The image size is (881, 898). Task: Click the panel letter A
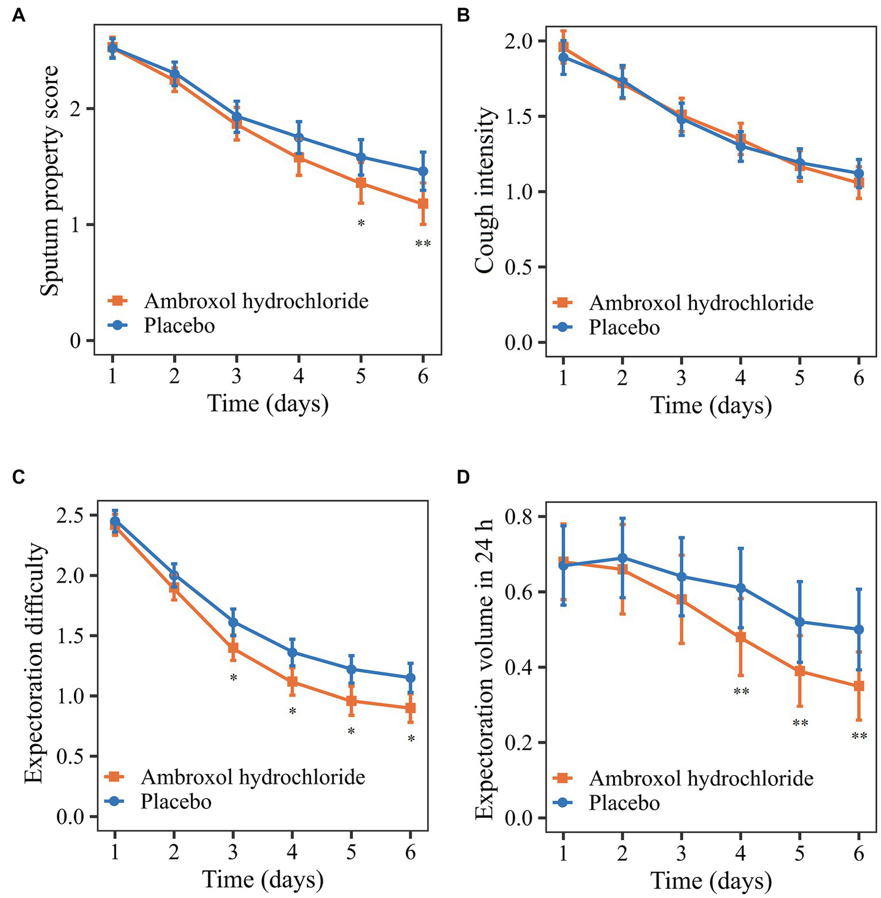click(x=18, y=16)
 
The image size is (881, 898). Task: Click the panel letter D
click(x=463, y=477)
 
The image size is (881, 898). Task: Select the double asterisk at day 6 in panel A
click(x=423, y=244)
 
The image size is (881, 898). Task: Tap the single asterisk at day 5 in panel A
click(x=361, y=223)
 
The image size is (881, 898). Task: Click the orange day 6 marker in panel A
click(x=423, y=203)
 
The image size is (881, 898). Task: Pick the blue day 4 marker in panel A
click(x=299, y=137)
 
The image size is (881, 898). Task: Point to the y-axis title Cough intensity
click(x=485, y=190)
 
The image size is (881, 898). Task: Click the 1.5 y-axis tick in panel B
click(x=519, y=117)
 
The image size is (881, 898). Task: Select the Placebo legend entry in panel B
click(x=624, y=327)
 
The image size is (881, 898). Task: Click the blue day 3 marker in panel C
click(x=233, y=622)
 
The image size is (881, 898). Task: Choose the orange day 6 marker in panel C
click(x=410, y=708)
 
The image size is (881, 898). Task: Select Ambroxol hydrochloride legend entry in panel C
click(x=253, y=777)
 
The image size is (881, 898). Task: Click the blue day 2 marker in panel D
click(x=622, y=558)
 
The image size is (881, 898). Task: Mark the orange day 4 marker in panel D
click(x=741, y=637)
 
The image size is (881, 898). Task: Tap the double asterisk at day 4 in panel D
click(x=741, y=692)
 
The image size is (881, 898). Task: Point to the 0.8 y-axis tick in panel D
click(x=519, y=517)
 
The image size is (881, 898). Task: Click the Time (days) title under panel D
click(x=711, y=880)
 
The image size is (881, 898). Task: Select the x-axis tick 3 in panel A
click(x=236, y=376)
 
